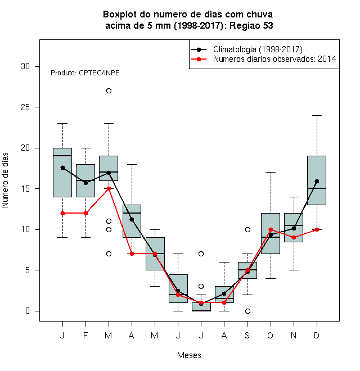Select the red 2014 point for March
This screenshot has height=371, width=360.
109,188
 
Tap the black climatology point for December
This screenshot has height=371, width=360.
317,181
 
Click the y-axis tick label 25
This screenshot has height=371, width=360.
25,107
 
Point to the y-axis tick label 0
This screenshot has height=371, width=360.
28,311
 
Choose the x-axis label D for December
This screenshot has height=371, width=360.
317,335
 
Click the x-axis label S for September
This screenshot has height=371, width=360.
247,335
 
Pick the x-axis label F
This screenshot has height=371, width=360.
85,335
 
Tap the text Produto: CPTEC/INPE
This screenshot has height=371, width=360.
85,73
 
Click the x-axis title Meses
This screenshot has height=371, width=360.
189,355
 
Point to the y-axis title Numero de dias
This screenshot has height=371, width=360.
5,180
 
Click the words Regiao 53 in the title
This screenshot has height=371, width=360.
251,25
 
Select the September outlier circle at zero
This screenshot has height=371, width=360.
247,311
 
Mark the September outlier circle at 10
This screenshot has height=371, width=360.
247,229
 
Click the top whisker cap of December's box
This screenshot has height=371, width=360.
317,115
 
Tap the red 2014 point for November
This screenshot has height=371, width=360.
294,238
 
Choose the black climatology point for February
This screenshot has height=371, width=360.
85,183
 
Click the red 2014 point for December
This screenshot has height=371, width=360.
317,229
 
